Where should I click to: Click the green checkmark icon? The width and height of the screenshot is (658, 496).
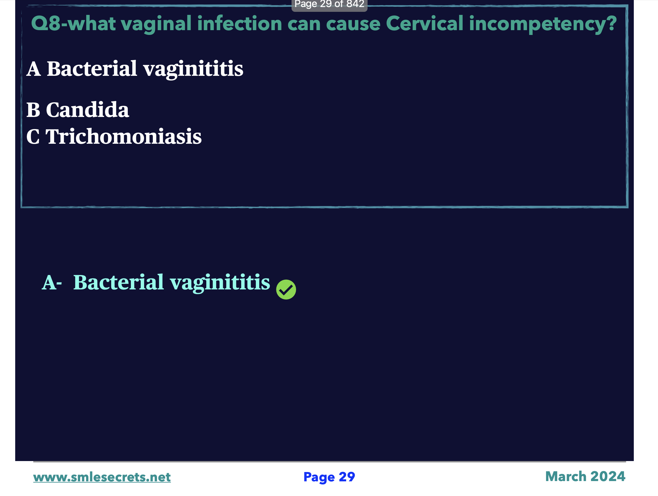point(286,289)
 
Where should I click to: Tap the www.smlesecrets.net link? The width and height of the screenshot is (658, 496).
point(102,477)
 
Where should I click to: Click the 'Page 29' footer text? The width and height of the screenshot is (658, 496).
point(329,477)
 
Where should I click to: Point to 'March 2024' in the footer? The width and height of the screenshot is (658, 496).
point(585,476)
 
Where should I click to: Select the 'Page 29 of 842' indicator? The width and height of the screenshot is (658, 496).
point(329,4)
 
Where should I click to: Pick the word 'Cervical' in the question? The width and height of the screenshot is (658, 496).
point(424,23)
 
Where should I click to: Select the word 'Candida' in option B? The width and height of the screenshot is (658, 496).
point(88,110)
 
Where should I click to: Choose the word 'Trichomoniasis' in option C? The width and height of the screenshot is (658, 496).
point(124,136)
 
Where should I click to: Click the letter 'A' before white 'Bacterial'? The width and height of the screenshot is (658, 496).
point(33,69)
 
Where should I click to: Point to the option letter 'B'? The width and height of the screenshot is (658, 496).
point(33,110)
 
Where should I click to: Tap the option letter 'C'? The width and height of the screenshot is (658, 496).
point(33,137)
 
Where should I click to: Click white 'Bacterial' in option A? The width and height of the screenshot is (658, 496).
point(92,68)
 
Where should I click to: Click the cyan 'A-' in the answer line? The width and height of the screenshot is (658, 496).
point(52,282)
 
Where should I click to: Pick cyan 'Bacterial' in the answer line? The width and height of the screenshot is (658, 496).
point(118,282)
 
